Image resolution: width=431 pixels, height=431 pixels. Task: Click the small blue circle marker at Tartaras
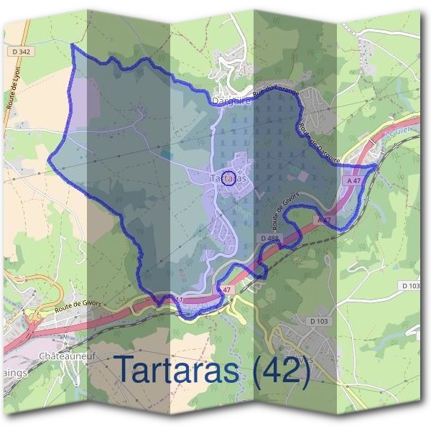(x=228, y=177)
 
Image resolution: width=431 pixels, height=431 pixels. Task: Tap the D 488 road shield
(x=269, y=238)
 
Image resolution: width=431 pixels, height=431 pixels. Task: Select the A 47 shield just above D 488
(x=324, y=219)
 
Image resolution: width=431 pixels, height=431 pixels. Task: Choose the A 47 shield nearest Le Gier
(x=353, y=182)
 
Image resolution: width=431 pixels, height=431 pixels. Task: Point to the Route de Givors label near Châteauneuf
(x=78, y=305)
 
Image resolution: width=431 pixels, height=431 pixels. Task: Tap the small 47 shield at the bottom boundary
(x=226, y=289)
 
